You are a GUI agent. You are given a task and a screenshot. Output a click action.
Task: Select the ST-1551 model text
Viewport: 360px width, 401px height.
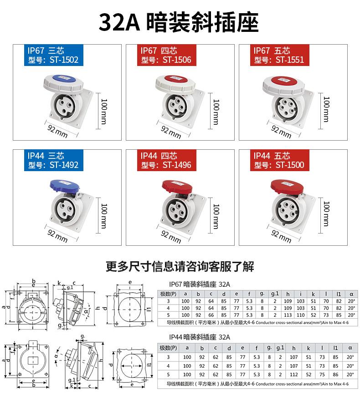289,60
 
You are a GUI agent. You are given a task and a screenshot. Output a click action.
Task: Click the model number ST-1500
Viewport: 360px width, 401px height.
289,165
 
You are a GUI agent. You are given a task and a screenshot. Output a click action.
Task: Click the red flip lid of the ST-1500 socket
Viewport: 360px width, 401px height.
285,186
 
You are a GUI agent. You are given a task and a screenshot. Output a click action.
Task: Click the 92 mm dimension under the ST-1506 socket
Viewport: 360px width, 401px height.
171,132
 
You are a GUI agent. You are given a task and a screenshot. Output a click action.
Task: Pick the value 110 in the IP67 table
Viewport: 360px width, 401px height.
300,315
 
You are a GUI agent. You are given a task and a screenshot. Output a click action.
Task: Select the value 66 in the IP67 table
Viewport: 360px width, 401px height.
211,315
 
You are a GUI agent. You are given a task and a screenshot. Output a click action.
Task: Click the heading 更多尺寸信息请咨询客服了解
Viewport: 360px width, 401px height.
180,266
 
